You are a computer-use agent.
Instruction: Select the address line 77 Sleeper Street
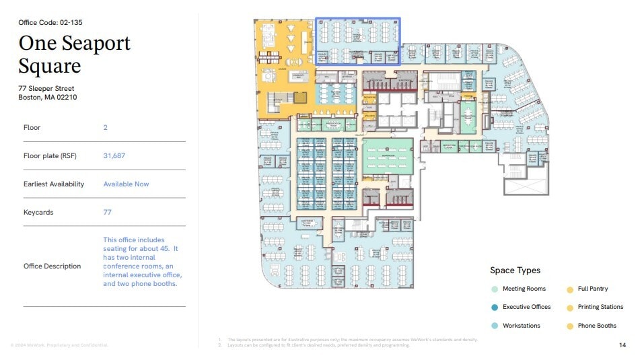46,88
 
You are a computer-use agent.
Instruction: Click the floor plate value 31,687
114,155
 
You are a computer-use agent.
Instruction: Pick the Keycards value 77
108,212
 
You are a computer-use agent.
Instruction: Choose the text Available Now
126,184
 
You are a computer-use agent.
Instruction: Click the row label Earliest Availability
54,184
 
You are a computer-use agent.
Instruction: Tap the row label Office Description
52,266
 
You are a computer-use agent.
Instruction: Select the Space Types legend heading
515,271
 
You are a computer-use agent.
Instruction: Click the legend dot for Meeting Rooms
495,289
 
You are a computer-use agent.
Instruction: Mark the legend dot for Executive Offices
495,307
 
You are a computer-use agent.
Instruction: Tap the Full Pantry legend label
592,289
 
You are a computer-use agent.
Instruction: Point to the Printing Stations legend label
600,307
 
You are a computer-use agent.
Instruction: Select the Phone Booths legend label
597,326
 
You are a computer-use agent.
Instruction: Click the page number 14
622,345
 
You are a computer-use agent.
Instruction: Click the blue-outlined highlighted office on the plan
358,40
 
